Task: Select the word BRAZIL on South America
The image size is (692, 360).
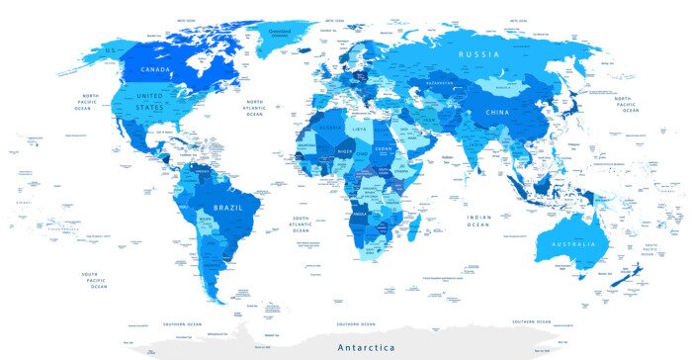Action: click(x=228, y=207)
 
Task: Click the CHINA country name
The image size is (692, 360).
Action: click(x=497, y=113)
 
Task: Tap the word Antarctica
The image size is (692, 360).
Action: click(x=366, y=347)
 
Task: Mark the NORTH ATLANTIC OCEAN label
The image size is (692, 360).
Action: click(x=254, y=108)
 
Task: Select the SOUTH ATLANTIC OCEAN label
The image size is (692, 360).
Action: click(x=300, y=223)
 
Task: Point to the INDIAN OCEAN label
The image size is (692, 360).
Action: click(x=479, y=222)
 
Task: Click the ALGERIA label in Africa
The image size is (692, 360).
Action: click(x=330, y=128)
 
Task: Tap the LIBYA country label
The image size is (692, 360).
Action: click(x=360, y=129)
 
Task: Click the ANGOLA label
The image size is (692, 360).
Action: click(x=360, y=210)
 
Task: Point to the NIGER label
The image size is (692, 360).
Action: click(x=344, y=150)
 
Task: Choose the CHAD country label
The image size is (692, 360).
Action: click(x=364, y=154)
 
